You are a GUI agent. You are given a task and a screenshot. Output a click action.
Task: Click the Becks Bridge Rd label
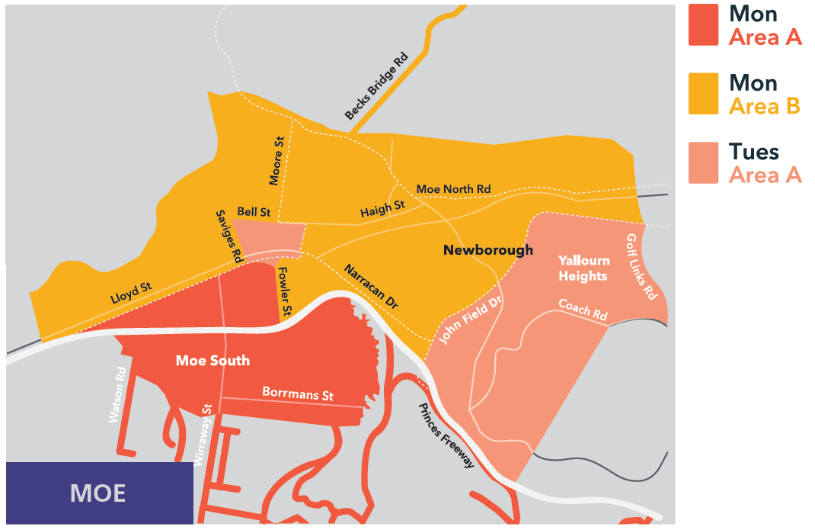pyautogui.click(x=377, y=86)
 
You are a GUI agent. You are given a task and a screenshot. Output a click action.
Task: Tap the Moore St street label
pyautogui.click(x=276, y=161)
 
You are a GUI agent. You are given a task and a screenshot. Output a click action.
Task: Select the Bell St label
pyautogui.click(x=254, y=211)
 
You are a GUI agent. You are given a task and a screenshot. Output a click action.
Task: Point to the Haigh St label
pyautogui.click(x=382, y=208)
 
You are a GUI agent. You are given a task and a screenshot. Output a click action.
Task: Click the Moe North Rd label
pyautogui.click(x=453, y=189)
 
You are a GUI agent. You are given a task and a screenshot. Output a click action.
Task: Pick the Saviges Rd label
pyautogui.click(x=229, y=236)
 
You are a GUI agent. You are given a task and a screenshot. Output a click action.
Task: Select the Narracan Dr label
pyautogui.click(x=371, y=286)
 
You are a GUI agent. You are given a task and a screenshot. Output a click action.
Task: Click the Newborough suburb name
pyautogui.click(x=488, y=250)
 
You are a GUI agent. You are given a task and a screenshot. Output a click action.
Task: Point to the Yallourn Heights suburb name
pyautogui.click(x=583, y=268)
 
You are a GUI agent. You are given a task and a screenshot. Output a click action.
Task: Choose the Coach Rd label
pyautogui.click(x=583, y=309)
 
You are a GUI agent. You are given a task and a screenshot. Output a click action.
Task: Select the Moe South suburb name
pyautogui.click(x=213, y=360)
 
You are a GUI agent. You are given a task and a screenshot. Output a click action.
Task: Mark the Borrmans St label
pyautogui.click(x=298, y=393)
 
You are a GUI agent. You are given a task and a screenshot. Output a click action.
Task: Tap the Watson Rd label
pyautogui.click(x=117, y=396)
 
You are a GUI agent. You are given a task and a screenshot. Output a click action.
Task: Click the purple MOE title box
pyautogui.click(x=99, y=493)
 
